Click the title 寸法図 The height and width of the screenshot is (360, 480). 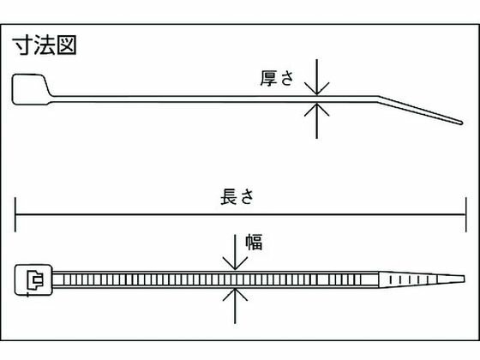pyautogui.click(x=45, y=45)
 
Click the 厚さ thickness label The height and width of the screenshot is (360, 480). pyautogui.click(x=277, y=78)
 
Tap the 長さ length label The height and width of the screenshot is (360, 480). pyautogui.click(x=237, y=196)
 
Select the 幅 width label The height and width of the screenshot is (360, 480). pyautogui.click(x=254, y=242)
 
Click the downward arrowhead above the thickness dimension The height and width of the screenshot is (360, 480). pyautogui.click(x=317, y=89)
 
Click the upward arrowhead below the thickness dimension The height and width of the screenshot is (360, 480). pyautogui.click(x=317, y=110)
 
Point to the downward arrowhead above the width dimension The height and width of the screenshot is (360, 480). pyautogui.click(x=235, y=263)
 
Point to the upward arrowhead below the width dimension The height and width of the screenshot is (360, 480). pyautogui.click(x=235, y=294)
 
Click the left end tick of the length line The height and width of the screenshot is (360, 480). pyautogui.click(x=15, y=214)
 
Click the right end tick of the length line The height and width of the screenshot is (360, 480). pyautogui.click(x=466, y=214)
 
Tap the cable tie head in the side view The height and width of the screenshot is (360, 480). pyautogui.click(x=31, y=89)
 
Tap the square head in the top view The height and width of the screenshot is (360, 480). pyautogui.click(x=33, y=280)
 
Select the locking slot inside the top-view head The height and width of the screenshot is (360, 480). pyautogui.click(x=35, y=280)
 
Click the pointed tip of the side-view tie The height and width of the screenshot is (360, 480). pyautogui.click(x=461, y=123)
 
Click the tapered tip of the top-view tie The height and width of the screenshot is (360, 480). pyautogui.click(x=463, y=279)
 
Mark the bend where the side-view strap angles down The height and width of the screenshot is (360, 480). pyautogui.click(x=378, y=99)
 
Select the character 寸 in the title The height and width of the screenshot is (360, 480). pyautogui.click(x=22, y=45)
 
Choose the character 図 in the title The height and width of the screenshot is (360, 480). pyautogui.click(x=67, y=45)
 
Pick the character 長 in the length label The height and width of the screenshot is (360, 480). pyautogui.click(x=229, y=196)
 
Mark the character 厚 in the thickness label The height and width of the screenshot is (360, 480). pyautogui.click(x=268, y=78)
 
